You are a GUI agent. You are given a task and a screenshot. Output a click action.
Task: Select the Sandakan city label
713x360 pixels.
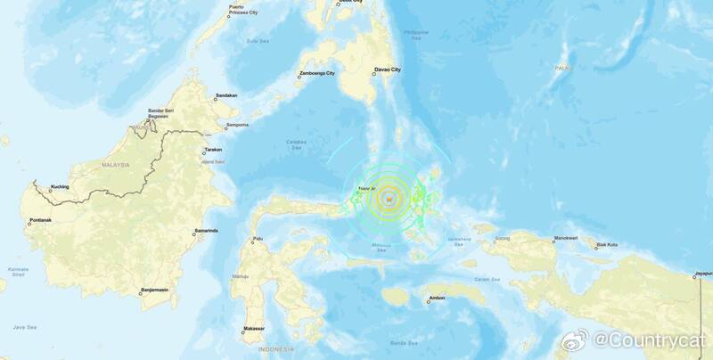[225, 95]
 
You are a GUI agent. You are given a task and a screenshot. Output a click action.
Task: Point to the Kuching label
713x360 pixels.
[60, 187]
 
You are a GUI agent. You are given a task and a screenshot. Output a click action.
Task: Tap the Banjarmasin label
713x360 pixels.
[155, 289]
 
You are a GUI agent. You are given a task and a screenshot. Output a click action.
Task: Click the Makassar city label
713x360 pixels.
[254, 329]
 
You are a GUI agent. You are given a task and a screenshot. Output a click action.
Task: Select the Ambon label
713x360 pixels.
[436, 298]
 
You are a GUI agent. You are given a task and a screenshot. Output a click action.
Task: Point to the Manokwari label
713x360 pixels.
[566, 238]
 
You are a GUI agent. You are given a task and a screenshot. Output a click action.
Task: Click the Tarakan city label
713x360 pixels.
[212, 149]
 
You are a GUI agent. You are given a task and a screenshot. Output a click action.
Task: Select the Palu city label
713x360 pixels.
[258, 238]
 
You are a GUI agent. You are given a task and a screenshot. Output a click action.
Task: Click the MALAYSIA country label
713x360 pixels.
[116, 165]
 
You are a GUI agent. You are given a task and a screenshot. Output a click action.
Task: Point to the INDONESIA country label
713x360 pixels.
[275, 349]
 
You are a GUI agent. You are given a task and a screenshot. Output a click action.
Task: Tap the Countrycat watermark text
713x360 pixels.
[648, 340]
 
